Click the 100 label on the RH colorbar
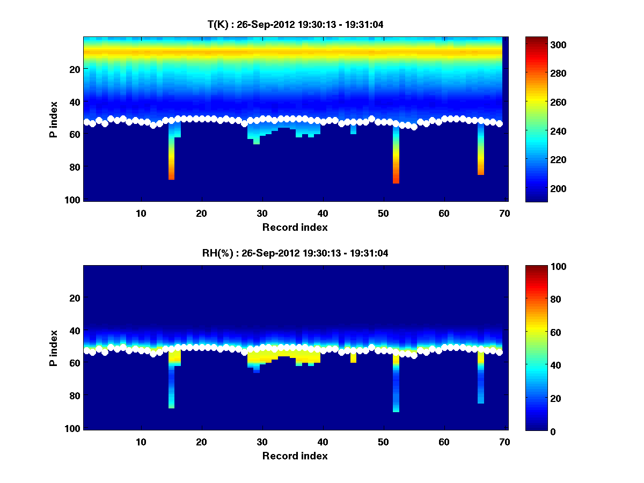tap(538, 267)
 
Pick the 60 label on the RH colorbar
tap(536, 333)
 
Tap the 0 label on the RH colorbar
tap(534, 431)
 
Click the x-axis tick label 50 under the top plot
tap(383, 214)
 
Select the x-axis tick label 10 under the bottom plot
tap(141, 442)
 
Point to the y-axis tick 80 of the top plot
tap(74, 167)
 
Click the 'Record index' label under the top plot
tap(295, 227)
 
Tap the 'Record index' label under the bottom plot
tap(295, 456)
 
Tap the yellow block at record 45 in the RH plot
tap(353, 357)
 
